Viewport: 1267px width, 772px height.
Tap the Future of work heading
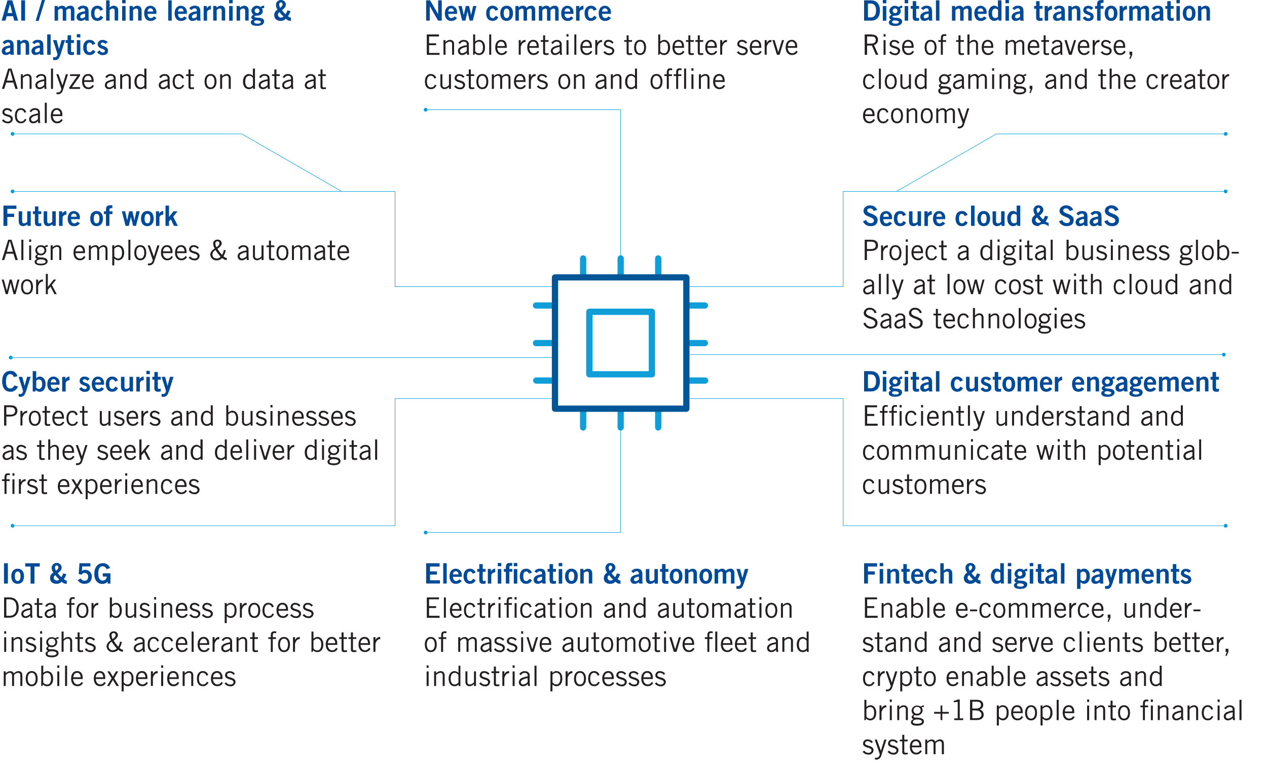point(90,216)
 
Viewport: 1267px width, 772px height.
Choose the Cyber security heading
point(87,382)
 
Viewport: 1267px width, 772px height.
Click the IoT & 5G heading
point(57,574)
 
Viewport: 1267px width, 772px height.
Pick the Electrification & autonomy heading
point(586,574)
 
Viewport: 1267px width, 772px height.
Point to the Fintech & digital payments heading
point(1027,574)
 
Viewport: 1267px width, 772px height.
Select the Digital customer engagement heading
point(1041,382)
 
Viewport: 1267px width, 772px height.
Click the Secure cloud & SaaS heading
point(991,216)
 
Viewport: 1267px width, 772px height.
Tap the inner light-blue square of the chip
point(621,343)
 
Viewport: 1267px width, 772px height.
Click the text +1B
point(958,711)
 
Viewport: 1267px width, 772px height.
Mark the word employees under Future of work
point(136,251)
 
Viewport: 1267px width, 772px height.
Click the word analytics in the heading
point(55,46)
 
